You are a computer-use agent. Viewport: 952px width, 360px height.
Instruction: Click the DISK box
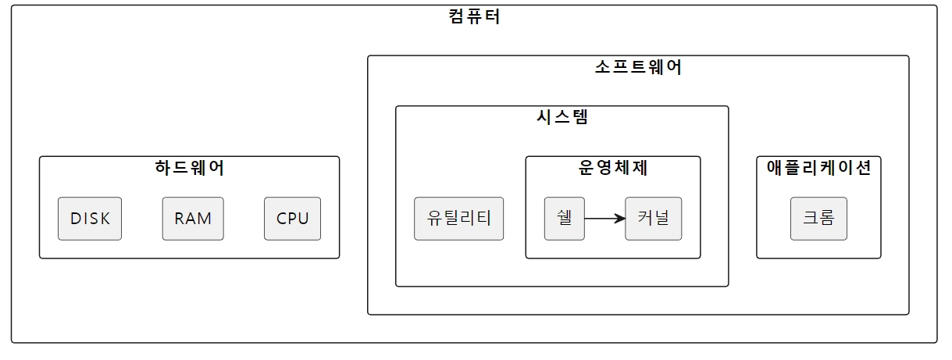(90, 219)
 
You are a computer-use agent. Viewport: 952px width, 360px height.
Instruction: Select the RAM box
(193, 219)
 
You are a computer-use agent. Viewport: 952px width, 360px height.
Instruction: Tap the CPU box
(293, 219)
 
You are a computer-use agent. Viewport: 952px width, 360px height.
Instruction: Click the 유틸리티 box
(459, 219)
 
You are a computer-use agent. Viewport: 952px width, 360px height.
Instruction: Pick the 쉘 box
(565, 219)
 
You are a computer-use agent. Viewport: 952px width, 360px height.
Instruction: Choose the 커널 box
(654, 219)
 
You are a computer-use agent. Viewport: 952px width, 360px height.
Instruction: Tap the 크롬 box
(818, 219)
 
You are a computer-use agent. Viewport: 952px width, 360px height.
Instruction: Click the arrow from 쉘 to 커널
(603, 219)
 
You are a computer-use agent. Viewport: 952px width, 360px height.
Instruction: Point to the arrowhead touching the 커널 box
(620, 219)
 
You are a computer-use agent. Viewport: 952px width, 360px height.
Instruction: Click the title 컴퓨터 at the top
(475, 16)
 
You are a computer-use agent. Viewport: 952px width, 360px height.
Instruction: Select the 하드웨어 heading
(190, 167)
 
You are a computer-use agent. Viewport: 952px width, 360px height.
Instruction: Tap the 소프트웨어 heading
(638, 67)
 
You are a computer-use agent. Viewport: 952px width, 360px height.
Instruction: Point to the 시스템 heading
(562, 117)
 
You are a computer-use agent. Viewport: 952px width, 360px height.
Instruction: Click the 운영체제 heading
(613, 167)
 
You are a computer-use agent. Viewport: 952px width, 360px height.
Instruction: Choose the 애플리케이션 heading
(818, 167)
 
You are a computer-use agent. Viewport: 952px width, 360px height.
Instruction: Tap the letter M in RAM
(205, 219)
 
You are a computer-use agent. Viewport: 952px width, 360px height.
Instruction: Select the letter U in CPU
(304, 219)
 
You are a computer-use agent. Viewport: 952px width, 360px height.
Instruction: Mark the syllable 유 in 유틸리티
(435, 219)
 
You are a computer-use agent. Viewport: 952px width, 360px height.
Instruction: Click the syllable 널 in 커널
(661, 219)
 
